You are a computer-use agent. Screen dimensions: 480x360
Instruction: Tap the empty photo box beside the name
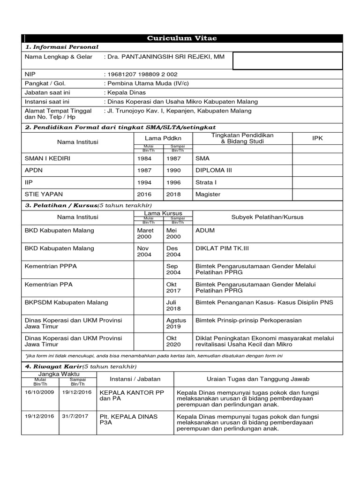pyautogui.click(x=287, y=60)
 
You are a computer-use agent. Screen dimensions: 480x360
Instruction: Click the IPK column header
pyautogui.click(x=317, y=138)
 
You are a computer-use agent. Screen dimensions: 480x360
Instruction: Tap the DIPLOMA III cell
pyautogui.click(x=213, y=171)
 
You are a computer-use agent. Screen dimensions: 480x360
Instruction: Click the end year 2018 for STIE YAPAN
pyautogui.click(x=173, y=194)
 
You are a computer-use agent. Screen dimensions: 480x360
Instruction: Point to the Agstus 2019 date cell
pyautogui.click(x=176, y=323)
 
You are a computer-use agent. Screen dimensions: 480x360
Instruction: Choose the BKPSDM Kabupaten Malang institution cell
pyautogui.click(x=66, y=302)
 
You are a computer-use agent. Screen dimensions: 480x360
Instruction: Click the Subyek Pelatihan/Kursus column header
pyautogui.click(x=267, y=217)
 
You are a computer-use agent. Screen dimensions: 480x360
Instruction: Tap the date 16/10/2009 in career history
pyautogui.click(x=40, y=392)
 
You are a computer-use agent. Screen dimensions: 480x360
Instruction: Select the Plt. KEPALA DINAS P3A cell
pyautogui.click(x=128, y=419)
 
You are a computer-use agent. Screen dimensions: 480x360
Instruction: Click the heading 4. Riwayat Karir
pyautogui.click(x=52, y=366)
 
